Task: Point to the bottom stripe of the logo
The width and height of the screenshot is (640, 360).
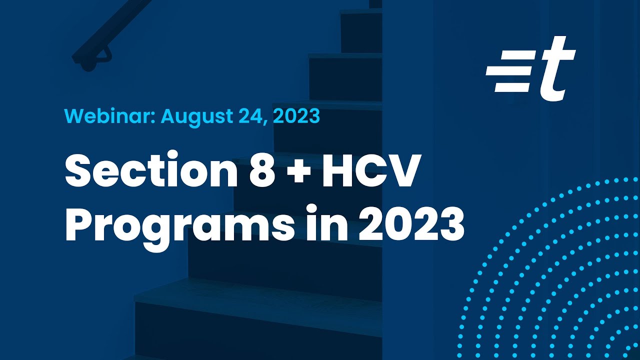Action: pyautogui.click(x=511, y=87)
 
